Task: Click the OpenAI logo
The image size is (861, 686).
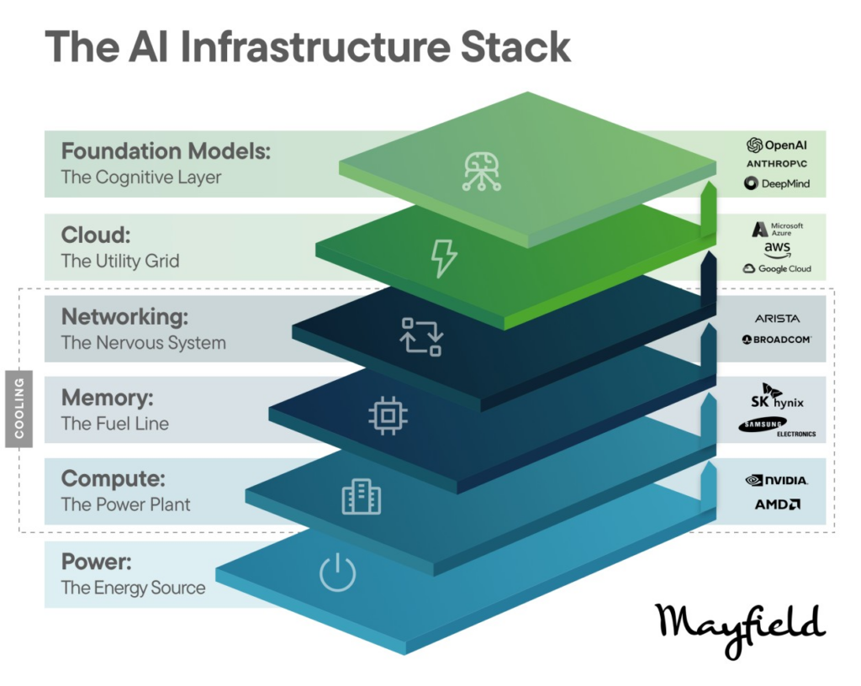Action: click(x=777, y=145)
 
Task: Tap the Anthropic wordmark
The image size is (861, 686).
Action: click(x=777, y=164)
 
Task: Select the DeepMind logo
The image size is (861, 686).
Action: click(x=777, y=183)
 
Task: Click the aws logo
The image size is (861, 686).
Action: click(x=778, y=250)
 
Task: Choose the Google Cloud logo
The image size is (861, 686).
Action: click(x=777, y=269)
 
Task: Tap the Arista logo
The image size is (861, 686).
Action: click(x=777, y=319)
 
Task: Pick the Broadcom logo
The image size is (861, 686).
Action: click(x=777, y=340)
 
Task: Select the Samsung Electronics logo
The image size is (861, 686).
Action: click(x=777, y=428)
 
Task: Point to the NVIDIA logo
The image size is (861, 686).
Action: click(x=777, y=480)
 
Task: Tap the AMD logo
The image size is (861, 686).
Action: click(x=777, y=504)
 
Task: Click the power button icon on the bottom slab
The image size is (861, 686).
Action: click(x=338, y=574)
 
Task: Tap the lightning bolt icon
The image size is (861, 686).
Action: click(x=443, y=256)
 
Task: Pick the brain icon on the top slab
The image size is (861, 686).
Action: click(x=482, y=171)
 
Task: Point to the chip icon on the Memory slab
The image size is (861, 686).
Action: click(x=386, y=415)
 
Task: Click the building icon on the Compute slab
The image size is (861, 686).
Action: click(x=361, y=498)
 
